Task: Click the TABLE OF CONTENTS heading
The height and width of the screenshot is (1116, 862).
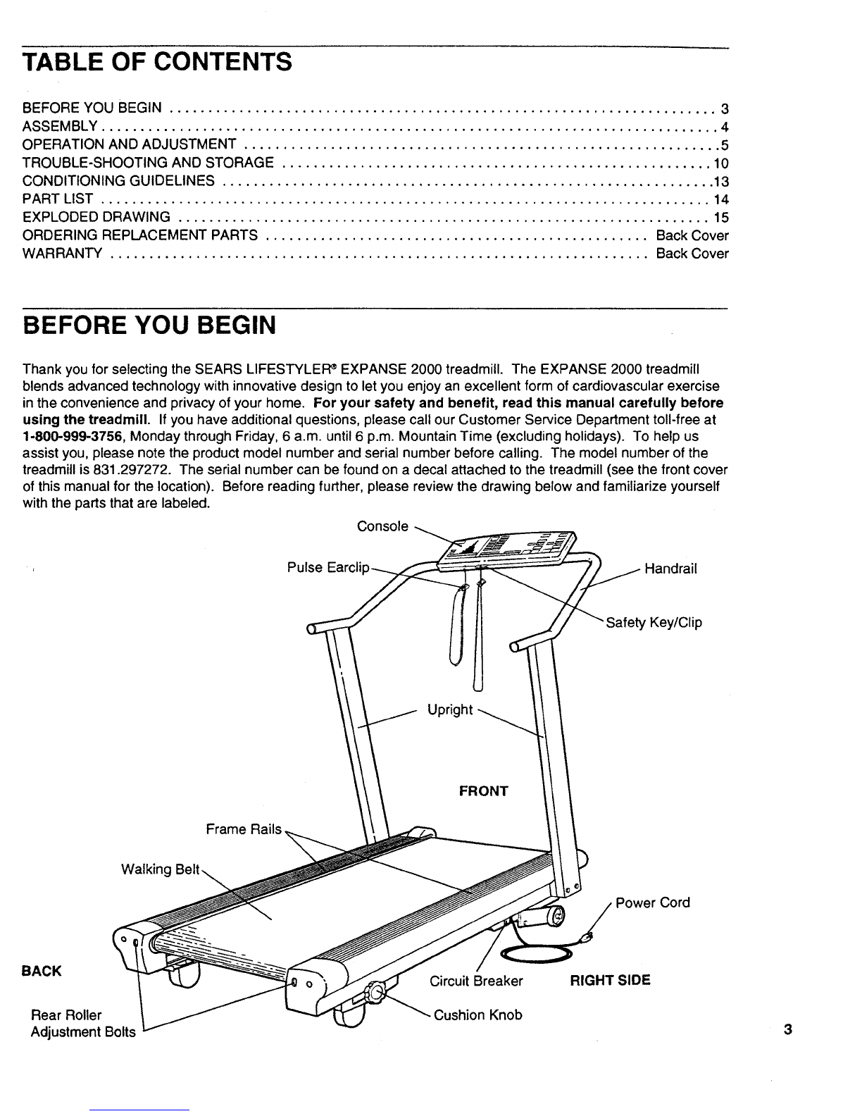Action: [x=157, y=62]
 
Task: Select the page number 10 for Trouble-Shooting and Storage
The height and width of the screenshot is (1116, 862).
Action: [x=721, y=163]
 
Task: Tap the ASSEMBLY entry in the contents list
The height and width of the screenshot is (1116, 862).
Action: [x=60, y=126]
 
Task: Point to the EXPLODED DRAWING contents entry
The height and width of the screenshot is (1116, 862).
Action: [x=96, y=217]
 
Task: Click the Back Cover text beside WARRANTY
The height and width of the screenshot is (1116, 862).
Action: [x=692, y=253]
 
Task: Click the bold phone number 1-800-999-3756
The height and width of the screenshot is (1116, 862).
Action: [x=73, y=436]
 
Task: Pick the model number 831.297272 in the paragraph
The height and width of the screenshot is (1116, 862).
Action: [x=132, y=469]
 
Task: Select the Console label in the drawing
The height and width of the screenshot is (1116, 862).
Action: [x=382, y=526]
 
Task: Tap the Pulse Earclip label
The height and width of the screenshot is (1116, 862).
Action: [x=328, y=567]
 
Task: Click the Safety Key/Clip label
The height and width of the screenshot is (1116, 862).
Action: [x=654, y=622]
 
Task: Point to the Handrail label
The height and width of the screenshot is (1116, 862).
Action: [x=670, y=569]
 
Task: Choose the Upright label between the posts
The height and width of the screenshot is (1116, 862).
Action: [x=450, y=709]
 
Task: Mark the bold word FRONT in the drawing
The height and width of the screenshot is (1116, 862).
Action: [x=483, y=791]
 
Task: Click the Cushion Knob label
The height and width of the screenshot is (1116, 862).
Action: [x=477, y=1015]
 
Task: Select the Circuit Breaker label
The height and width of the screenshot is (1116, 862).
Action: [x=476, y=981]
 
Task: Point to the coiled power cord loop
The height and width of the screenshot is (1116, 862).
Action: [x=537, y=954]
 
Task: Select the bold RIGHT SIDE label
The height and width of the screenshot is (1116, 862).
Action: [x=610, y=981]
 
